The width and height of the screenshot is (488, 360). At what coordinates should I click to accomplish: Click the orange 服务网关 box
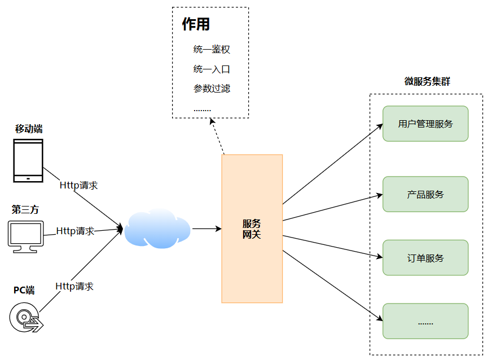(252, 229)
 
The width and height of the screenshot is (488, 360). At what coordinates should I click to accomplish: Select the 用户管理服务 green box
(425, 124)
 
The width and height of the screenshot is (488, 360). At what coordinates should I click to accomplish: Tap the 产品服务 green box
(425, 194)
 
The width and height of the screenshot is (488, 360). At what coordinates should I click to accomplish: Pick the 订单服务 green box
(425, 258)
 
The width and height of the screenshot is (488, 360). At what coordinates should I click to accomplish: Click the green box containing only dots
(425, 321)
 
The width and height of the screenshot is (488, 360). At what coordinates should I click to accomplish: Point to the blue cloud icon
(157, 229)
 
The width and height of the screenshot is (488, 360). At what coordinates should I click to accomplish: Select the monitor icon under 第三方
(25, 236)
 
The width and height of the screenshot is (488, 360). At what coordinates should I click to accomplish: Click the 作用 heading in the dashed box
(196, 24)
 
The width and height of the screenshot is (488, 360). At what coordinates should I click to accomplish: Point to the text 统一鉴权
(212, 50)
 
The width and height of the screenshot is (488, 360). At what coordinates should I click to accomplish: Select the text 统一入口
(212, 69)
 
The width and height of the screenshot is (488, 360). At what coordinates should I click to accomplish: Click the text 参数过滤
(212, 89)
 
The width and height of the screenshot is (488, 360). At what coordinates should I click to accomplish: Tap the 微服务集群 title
(427, 81)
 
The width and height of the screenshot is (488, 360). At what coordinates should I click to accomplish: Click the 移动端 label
(28, 129)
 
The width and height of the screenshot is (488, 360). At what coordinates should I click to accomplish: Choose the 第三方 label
(25, 210)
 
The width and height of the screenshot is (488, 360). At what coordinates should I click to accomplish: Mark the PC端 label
(24, 291)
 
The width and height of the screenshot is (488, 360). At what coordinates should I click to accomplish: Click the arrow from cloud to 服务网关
(206, 229)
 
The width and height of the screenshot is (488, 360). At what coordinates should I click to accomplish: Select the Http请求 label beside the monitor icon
(75, 231)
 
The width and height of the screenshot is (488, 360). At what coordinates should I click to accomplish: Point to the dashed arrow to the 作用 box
(218, 135)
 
